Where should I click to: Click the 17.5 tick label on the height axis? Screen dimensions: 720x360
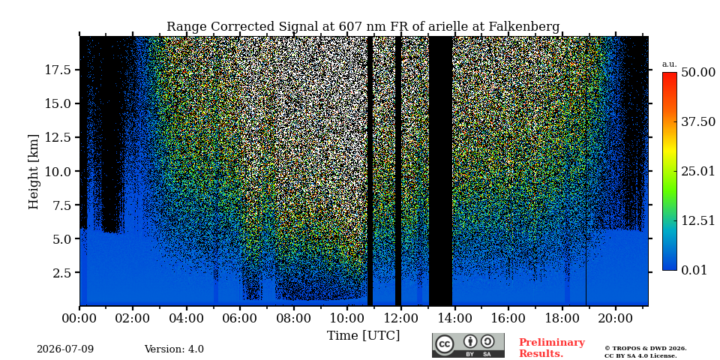pos(58,70)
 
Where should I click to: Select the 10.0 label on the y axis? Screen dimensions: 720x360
pos(58,171)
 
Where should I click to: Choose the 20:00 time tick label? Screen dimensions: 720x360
pos(615,319)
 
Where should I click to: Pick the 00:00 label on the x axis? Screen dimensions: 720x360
pos(79,319)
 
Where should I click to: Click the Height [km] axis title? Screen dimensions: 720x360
pos(34,172)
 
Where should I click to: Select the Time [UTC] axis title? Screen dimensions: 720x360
pos(363,336)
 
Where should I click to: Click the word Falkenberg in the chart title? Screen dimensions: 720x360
pos(525,27)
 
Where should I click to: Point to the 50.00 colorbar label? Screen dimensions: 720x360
pos(698,72)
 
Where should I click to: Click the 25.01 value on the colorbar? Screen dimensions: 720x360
pos(698,171)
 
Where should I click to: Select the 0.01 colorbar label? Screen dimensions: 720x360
pos(694,270)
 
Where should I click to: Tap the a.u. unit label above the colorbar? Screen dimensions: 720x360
pos(670,64)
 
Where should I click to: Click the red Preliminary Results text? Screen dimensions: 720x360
pos(551,348)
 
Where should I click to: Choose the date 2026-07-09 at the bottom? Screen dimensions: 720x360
pos(65,349)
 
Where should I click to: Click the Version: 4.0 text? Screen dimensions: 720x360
pos(174,349)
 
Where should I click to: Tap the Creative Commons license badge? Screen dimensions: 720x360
pos(468,345)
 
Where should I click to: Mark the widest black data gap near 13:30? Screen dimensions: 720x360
pos(440,171)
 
